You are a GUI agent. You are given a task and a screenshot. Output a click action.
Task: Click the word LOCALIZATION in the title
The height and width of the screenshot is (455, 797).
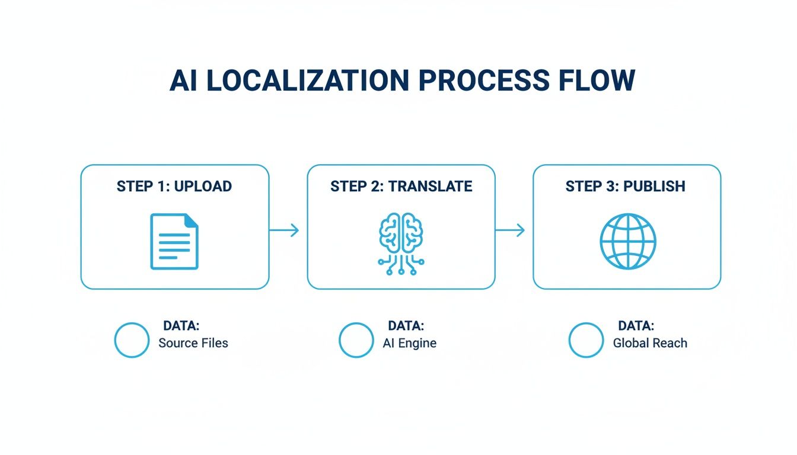(x=305, y=81)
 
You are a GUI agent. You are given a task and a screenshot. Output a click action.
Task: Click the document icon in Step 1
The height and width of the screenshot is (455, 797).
(x=174, y=242)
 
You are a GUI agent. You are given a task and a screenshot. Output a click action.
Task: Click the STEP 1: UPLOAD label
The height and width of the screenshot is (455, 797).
(x=174, y=186)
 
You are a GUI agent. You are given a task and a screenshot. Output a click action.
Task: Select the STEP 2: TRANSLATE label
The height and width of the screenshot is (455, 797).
(x=401, y=186)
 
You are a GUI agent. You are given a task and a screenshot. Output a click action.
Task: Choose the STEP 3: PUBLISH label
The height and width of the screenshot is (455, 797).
(x=625, y=186)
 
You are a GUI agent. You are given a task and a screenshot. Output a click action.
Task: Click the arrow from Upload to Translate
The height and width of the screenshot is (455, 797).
(x=285, y=230)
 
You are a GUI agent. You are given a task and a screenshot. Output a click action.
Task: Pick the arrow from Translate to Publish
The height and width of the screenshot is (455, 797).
(x=511, y=230)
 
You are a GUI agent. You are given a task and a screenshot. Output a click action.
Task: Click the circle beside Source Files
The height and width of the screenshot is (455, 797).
(x=132, y=340)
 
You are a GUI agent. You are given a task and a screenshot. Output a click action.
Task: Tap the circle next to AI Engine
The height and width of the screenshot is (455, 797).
(x=356, y=340)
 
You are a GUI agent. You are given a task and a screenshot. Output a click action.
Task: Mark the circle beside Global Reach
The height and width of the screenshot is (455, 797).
(x=586, y=340)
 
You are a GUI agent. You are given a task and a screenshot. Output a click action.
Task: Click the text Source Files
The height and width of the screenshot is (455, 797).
(x=193, y=343)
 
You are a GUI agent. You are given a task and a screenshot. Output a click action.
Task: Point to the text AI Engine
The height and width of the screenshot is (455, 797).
(x=410, y=343)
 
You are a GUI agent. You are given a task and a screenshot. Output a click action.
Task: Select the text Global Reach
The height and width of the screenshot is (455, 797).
(x=650, y=343)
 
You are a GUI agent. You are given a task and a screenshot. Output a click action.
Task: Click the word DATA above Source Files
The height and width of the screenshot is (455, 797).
(x=181, y=326)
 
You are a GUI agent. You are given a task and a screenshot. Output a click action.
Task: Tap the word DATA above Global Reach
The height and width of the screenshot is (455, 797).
(x=636, y=326)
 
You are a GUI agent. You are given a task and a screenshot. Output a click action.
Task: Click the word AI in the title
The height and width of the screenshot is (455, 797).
(x=184, y=81)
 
